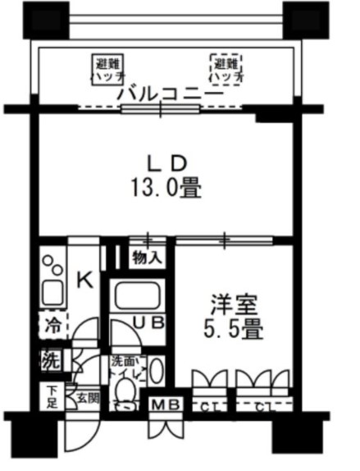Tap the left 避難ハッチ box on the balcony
108,69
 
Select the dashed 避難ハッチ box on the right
226,69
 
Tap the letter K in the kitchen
84,281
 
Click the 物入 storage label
148,258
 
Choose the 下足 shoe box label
51,398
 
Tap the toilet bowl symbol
124,404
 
